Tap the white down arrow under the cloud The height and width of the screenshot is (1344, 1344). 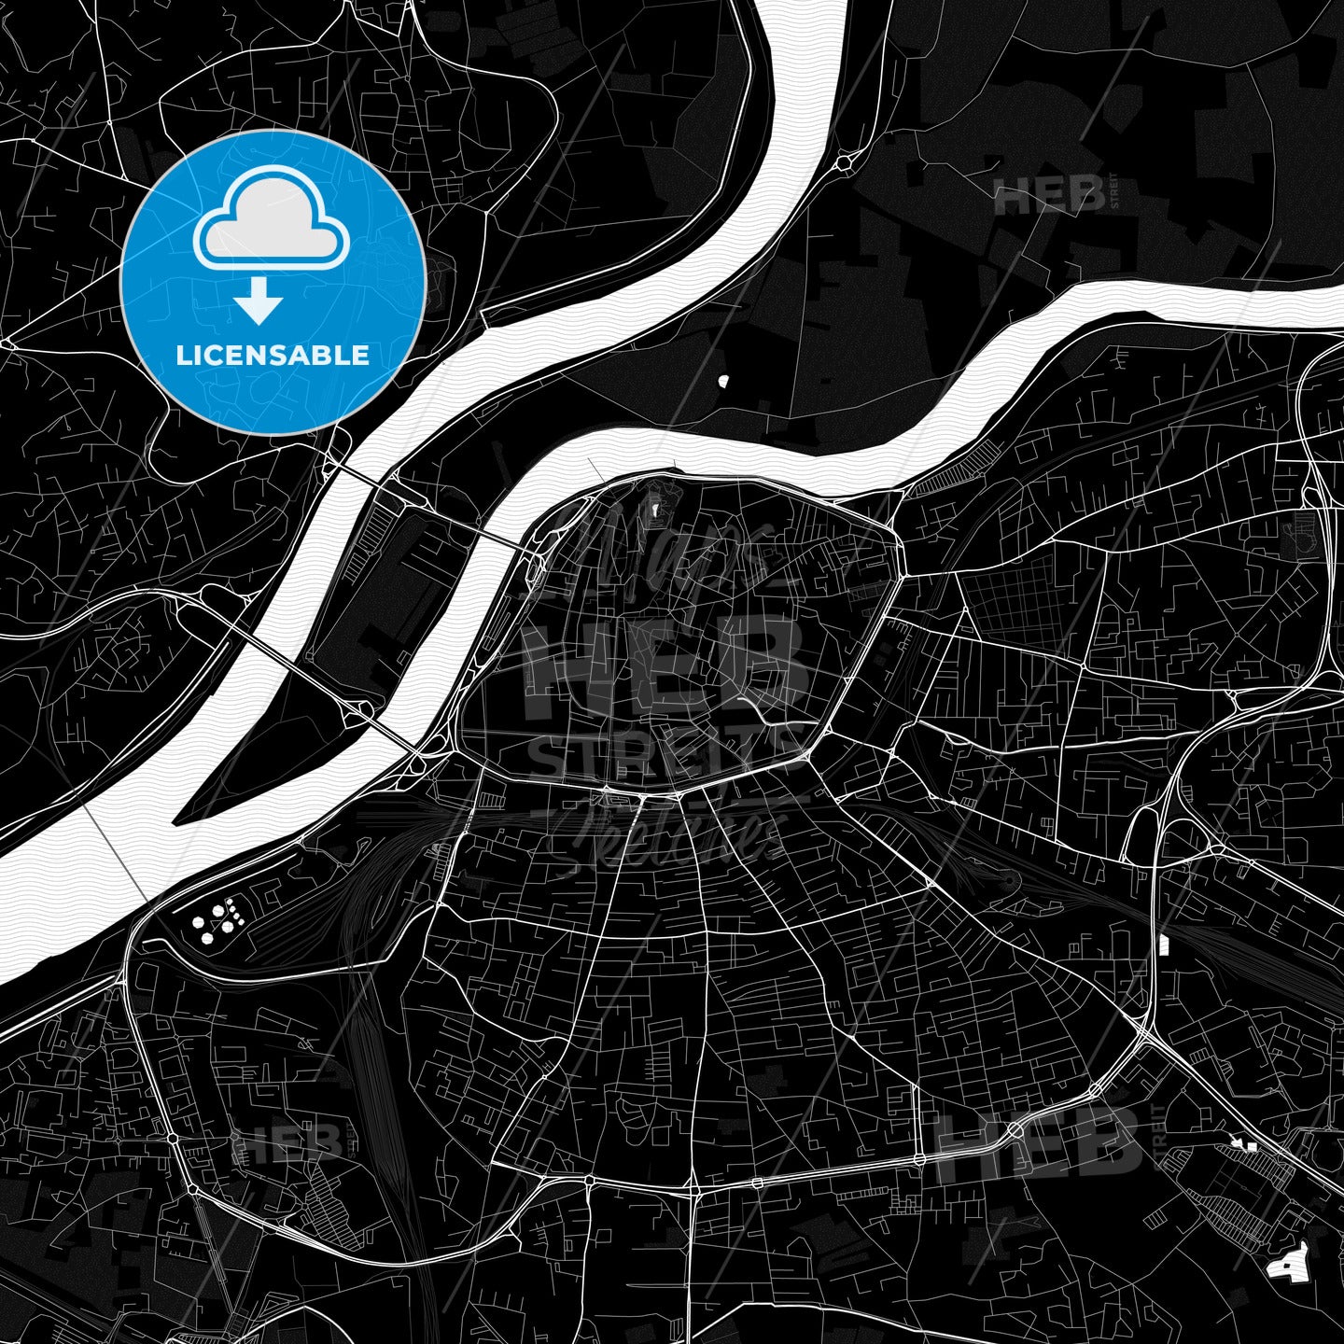pyautogui.click(x=259, y=302)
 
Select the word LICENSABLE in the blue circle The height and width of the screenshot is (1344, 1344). pyautogui.click(x=273, y=355)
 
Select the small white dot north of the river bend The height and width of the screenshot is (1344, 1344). pyautogui.click(x=723, y=380)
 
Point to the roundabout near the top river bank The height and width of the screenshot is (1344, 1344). pyautogui.click(x=845, y=162)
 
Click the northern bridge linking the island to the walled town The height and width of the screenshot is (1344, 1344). pyautogui.click(x=498, y=539)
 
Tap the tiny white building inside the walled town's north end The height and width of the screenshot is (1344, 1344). pyautogui.click(x=655, y=509)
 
